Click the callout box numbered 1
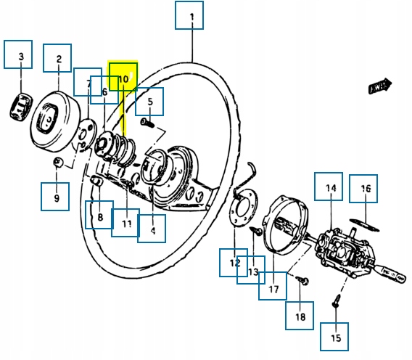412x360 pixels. coord(190,15)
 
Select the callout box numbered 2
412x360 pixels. coord(58,59)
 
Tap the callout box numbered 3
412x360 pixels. coord(20,54)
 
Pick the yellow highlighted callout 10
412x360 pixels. coord(123,76)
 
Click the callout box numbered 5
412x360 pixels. coord(149,102)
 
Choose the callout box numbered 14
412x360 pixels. coord(330,187)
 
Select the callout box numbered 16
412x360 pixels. coord(365,189)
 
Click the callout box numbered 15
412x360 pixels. coord(335,337)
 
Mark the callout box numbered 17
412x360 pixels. coord(273,287)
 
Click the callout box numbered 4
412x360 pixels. coord(152,230)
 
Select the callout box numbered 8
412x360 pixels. coord(99,215)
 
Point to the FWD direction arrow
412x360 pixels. coord(379,86)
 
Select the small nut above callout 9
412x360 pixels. coord(58,162)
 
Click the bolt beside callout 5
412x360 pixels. coord(146,124)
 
